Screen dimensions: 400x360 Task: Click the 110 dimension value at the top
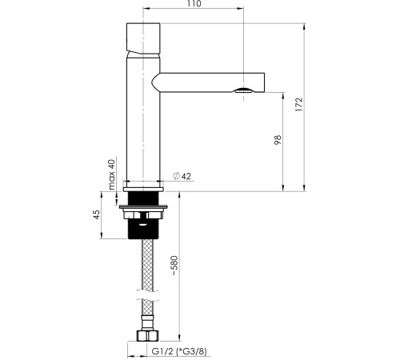coord(194,4)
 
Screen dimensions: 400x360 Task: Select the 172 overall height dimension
coord(299,104)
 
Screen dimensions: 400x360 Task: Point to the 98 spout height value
coord(278,140)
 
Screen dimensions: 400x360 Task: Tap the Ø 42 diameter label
coord(182,176)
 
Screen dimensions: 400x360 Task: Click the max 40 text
coord(112,174)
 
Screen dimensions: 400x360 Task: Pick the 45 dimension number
coord(97,214)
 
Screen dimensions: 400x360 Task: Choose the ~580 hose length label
coord(174,266)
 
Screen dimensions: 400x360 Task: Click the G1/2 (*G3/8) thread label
coord(179,351)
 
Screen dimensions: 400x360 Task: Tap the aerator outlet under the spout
coord(243,90)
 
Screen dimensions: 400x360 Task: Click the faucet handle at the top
coord(143,38)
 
